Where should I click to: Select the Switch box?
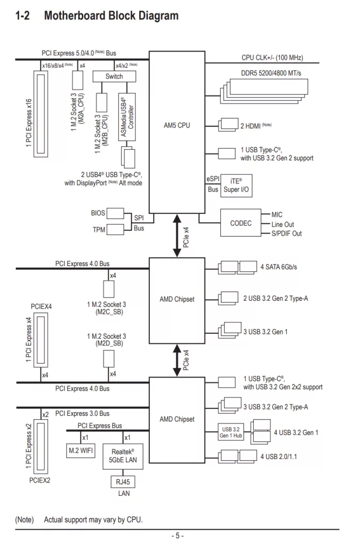[x=114, y=76]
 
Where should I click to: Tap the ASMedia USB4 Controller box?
[x=127, y=117]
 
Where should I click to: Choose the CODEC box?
[x=241, y=223]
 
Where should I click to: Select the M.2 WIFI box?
[x=81, y=451]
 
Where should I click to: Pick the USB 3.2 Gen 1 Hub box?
[x=231, y=432]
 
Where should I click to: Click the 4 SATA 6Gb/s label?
[x=278, y=267]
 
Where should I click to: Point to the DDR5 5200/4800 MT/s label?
[x=270, y=73]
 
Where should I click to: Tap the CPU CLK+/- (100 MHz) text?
[x=272, y=57]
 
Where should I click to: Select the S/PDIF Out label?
[x=286, y=234]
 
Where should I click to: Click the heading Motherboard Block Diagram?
[x=111, y=15]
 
